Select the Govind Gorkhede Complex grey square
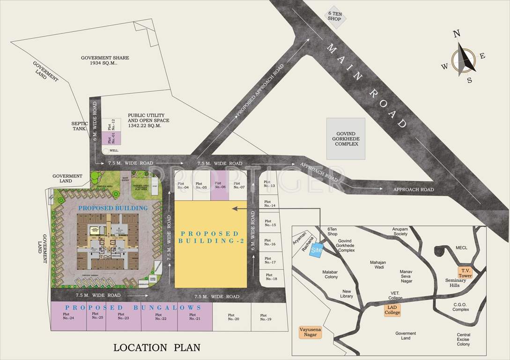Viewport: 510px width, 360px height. [x=346, y=138]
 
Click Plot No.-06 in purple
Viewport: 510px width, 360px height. [x=220, y=185]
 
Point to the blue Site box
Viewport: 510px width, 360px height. [x=317, y=250]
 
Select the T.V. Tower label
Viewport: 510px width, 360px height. [x=466, y=273]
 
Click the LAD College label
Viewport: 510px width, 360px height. [x=392, y=310]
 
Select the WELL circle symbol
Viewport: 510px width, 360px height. [x=106, y=150]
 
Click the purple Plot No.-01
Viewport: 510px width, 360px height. [x=111, y=138]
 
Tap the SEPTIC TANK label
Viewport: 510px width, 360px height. [x=80, y=126]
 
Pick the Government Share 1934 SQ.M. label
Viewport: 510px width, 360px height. [x=105, y=60]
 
